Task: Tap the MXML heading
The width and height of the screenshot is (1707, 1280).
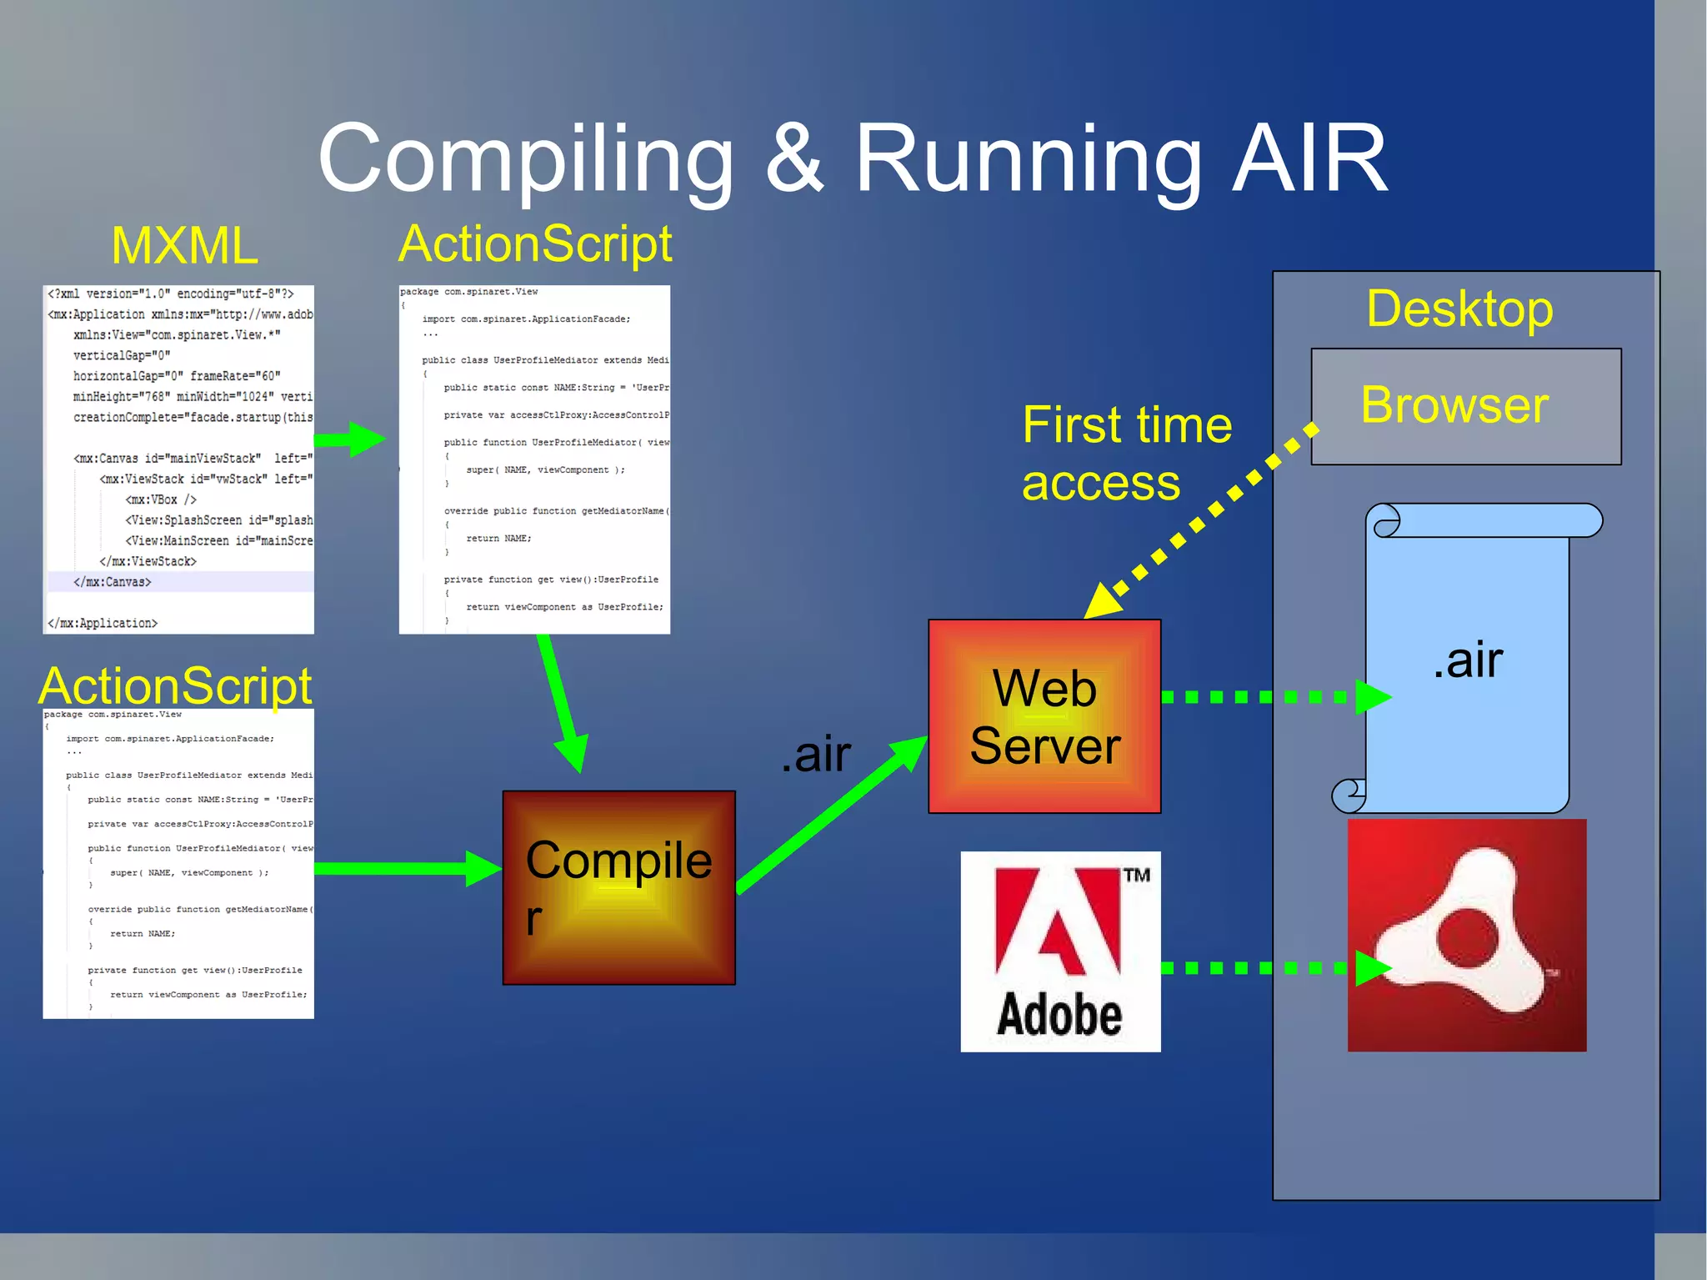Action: click(x=184, y=246)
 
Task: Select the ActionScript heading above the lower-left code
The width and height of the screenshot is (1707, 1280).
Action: click(x=175, y=685)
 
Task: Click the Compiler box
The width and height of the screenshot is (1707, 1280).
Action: click(x=618, y=887)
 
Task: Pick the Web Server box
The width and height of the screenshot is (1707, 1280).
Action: click(x=1044, y=716)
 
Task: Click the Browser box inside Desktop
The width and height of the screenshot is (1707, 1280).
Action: click(x=1465, y=406)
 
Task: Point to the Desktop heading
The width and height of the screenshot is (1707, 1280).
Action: click(x=1459, y=309)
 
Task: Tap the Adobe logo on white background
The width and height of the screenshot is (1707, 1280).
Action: click(x=1060, y=951)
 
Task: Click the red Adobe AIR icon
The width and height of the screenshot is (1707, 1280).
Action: click(x=1466, y=935)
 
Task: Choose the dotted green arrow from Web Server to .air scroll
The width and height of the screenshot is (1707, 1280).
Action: click(x=1267, y=696)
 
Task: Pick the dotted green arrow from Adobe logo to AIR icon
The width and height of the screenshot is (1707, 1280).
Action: click(x=1267, y=967)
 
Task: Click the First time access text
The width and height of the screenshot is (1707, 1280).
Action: click(x=1125, y=453)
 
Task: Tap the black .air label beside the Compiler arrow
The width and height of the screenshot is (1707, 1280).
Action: click(x=815, y=754)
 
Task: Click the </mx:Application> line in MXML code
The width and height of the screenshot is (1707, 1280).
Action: click(x=103, y=623)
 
